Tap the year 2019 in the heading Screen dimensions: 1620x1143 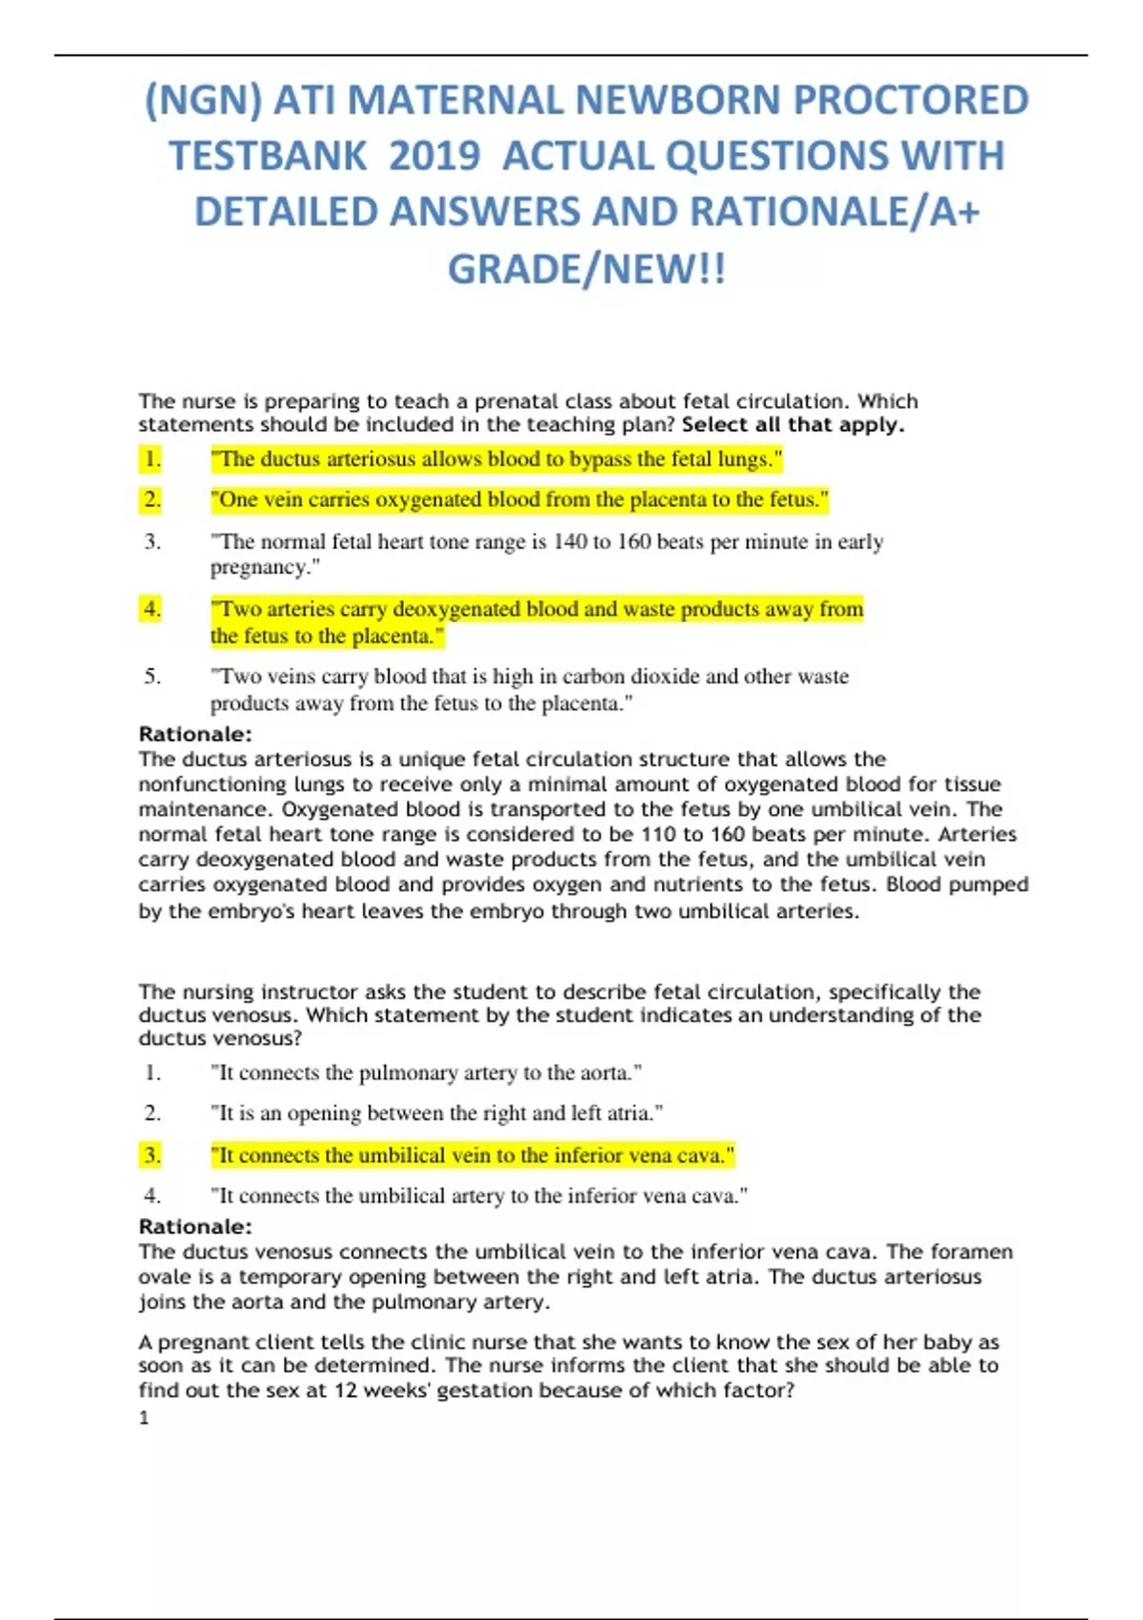[x=434, y=156]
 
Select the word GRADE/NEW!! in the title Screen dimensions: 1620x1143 [x=587, y=269]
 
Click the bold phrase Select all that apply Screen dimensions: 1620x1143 [x=793, y=425]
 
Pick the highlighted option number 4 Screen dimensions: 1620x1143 [x=151, y=609]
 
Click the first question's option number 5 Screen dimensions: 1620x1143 [x=152, y=677]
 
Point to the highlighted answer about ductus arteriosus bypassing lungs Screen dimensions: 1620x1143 [x=495, y=459]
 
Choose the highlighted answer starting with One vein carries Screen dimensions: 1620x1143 [x=519, y=499]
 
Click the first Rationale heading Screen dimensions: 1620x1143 [x=195, y=735]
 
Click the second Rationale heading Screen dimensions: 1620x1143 [x=195, y=1227]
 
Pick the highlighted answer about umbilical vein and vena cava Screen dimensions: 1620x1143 [x=472, y=1156]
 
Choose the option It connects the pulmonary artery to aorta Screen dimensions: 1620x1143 [x=426, y=1073]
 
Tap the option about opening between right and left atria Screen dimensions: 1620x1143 [x=436, y=1113]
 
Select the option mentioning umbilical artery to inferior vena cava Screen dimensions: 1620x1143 [x=478, y=1196]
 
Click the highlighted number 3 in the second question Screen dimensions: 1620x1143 [x=151, y=1156]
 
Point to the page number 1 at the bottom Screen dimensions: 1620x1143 [x=144, y=1418]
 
